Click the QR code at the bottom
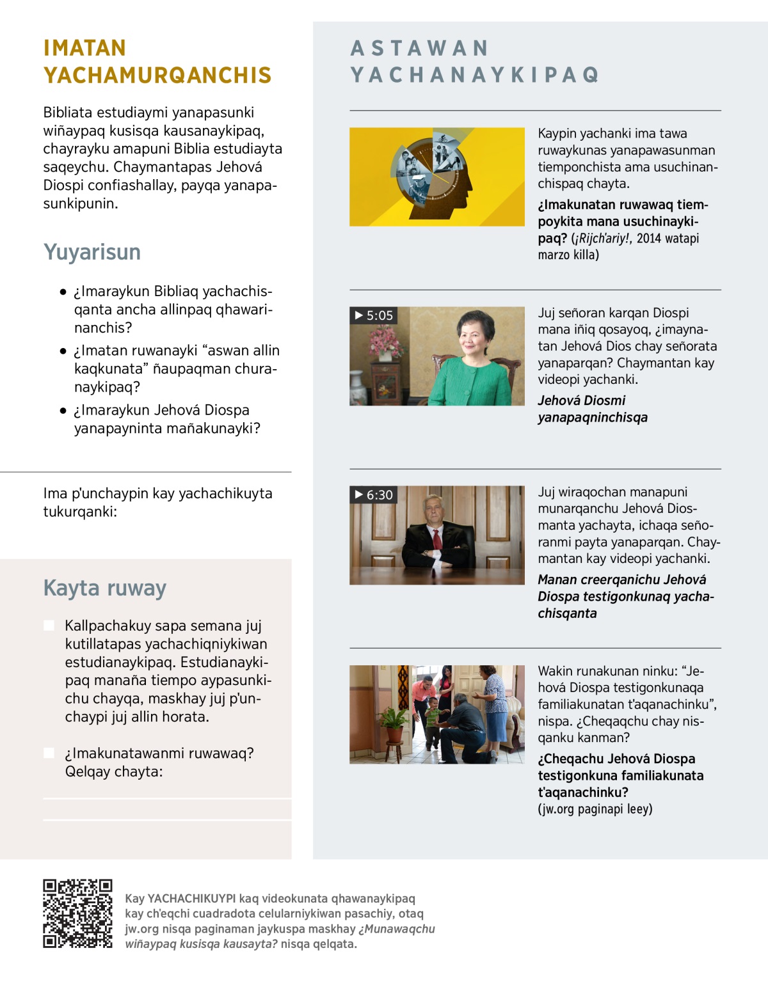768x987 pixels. (77, 913)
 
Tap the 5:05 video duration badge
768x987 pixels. (374, 315)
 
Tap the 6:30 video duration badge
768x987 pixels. (374, 494)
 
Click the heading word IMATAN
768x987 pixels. (84, 48)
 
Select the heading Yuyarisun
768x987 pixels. (92, 252)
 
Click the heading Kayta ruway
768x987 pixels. (105, 588)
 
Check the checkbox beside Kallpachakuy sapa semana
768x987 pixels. (49, 625)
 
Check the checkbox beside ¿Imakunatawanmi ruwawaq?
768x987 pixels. (49, 753)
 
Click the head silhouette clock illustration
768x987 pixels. (435, 173)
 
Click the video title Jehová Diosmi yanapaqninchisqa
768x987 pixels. (592, 409)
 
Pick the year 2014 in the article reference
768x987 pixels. (648, 239)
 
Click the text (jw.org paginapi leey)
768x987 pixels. (595, 809)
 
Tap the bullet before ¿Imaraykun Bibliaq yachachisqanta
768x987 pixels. (63, 292)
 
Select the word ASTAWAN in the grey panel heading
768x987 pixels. (420, 48)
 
